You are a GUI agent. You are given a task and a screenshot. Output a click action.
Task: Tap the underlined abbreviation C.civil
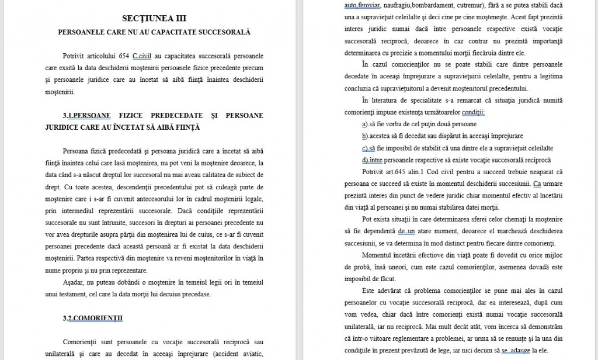coord(142,56)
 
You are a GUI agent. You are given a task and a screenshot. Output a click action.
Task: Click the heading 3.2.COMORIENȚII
coord(92,318)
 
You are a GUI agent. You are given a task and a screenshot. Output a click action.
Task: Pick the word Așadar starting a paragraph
coord(72,282)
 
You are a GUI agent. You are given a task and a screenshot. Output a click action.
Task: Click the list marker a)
coord(365,124)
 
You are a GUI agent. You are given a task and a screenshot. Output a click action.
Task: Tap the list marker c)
coord(365,148)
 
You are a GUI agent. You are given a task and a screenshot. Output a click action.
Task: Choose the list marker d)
coord(365,160)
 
